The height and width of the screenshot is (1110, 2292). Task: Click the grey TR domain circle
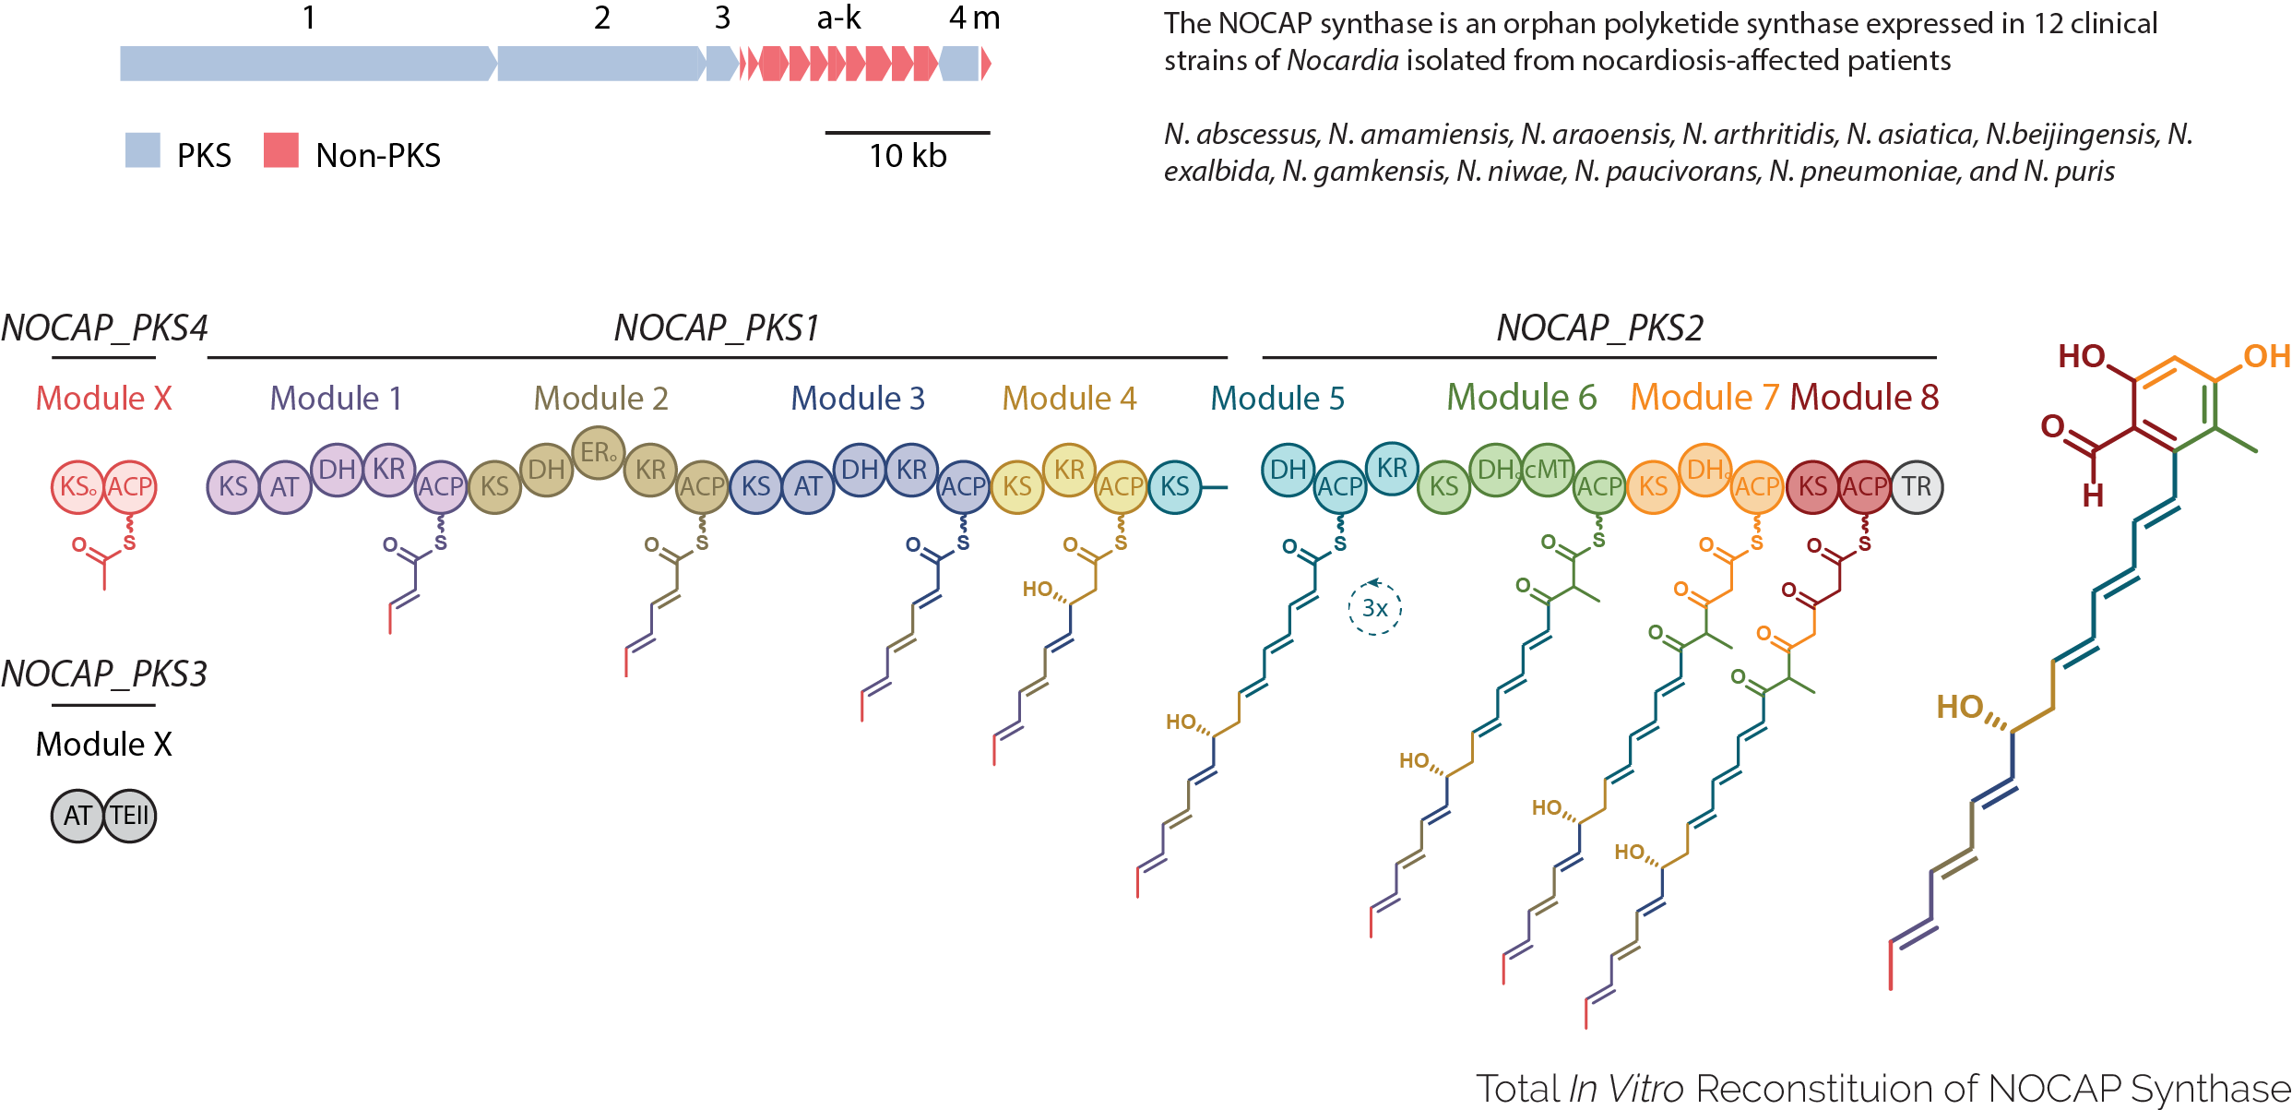point(1917,487)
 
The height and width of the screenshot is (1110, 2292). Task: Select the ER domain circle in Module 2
point(599,453)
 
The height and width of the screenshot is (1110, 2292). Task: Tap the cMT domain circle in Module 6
point(1548,470)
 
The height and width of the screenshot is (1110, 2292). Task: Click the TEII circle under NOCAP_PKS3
point(130,816)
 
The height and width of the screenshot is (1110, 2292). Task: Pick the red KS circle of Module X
point(77,487)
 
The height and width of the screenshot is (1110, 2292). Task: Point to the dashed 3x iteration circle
point(1374,608)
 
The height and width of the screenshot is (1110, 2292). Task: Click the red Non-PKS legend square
point(280,150)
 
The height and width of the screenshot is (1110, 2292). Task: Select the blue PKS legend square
point(143,150)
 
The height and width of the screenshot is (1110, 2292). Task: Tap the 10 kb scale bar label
point(908,156)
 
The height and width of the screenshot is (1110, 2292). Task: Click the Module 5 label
point(1277,399)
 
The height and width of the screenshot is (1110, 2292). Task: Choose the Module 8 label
point(1864,398)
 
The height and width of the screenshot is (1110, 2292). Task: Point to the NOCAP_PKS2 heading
point(1599,328)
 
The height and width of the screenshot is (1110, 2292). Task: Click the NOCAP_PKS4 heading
point(104,328)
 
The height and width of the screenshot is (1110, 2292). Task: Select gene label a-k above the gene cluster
point(838,18)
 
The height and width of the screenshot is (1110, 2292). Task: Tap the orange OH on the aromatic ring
point(2266,356)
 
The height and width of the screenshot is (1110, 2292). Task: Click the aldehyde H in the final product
point(2093,496)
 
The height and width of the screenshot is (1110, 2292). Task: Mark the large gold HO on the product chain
point(1960,707)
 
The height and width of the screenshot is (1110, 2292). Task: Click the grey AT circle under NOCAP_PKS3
point(77,816)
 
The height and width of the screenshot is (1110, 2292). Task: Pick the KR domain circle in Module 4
point(1069,470)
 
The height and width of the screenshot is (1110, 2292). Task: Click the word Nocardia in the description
point(1342,61)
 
